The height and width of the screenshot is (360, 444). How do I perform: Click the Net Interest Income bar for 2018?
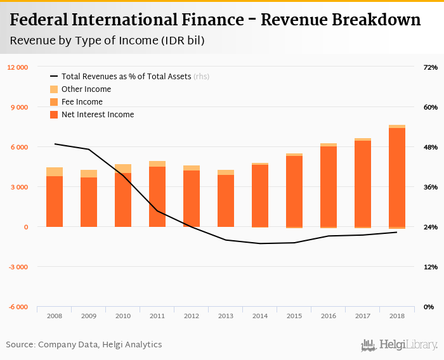pos(397,177)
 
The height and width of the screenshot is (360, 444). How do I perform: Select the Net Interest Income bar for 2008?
pos(55,201)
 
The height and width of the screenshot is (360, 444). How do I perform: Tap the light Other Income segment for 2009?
pos(89,173)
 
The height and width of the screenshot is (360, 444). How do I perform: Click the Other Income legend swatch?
pos(54,89)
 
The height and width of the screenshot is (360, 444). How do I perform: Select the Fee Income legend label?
pos(82,102)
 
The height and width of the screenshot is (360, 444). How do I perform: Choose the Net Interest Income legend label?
pos(98,115)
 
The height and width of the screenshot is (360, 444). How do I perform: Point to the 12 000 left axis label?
pos(17,67)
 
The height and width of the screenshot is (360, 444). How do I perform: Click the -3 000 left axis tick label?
pos(18,267)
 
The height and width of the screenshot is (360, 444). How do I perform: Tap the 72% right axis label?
pos(430,67)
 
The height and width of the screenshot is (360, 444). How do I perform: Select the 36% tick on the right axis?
pos(430,187)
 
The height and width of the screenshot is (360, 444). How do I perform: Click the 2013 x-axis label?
pos(226,316)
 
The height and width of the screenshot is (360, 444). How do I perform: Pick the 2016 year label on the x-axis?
pos(329,316)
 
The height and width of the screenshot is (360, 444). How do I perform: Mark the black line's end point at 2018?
pos(397,232)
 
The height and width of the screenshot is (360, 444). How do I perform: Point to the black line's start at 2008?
pos(55,144)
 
